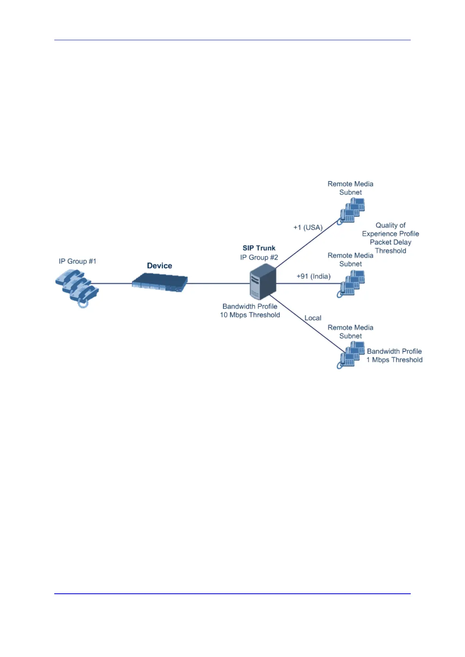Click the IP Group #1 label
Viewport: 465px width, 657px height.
pos(77,261)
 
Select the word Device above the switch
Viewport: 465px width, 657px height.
pos(159,266)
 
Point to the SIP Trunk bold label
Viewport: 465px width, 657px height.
pos(259,248)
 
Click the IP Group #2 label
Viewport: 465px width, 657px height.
pos(259,258)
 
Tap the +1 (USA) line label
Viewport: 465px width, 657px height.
pos(308,228)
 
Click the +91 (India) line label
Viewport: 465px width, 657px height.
pos(314,276)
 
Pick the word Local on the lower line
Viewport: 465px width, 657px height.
pos(313,318)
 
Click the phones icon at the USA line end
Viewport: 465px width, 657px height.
pos(351,211)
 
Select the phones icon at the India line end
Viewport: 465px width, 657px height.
pos(351,284)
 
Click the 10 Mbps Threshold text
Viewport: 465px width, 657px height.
pos(250,315)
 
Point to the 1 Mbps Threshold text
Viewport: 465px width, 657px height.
pos(394,360)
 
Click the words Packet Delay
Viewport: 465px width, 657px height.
pos(390,242)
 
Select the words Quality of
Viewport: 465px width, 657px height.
pos(390,225)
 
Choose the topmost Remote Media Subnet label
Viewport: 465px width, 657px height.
pos(350,188)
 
